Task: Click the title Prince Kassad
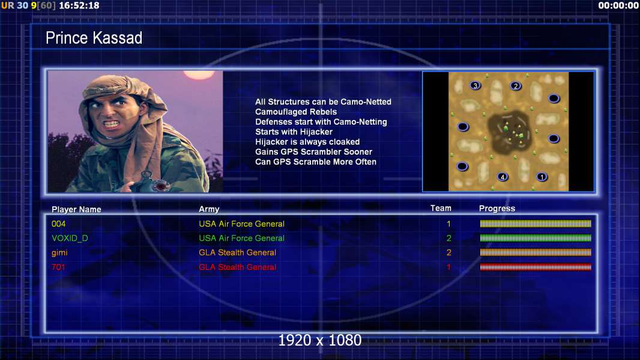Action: pos(94,38)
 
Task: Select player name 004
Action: pos(58,224)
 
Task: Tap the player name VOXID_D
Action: pos(70,238)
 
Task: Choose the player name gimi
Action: pos(59,253)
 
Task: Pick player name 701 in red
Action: pos(58,267)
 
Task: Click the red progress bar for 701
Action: pos(536,268)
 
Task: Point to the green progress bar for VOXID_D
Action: pos(536,238)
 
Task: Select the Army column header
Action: pos(209,209)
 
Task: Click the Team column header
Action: pos(441,208)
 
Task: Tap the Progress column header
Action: pos(497,208)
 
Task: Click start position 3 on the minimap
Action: pos(475,86)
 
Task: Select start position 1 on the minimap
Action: pos(542,177)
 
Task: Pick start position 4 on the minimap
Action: pos(503,177)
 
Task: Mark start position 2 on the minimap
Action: pos(516,86)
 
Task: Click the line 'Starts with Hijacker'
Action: pos(294,131)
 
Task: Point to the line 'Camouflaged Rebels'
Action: pos(296,112)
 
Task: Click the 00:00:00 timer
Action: pos(618,5)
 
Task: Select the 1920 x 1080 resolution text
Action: pos(320,340)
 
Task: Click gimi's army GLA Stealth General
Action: pos(238,253)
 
